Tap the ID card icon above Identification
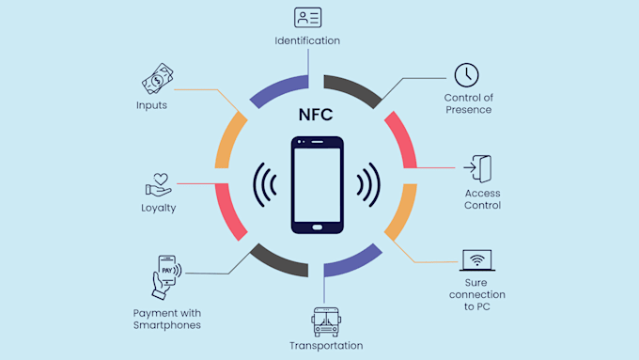point(307,18)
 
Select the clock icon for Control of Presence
point(467,74)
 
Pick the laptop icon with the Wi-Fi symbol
point(476,260)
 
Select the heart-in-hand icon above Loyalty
point(156,182)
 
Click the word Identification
point(307,40)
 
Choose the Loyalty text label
point(158,208)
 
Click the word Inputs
point(150,105)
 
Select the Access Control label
point(482,199)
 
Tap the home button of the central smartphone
point(317,225)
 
